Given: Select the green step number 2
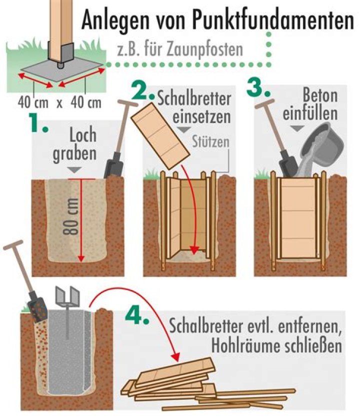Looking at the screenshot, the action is tap(143, 91).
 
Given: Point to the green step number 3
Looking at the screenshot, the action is tap(258, 87).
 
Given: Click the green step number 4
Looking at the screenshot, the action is tap(137, 315).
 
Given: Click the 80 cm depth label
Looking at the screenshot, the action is tap(71, 216).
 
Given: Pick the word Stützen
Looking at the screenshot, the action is tap(210, 141).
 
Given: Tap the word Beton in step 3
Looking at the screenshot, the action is tap(320, 95).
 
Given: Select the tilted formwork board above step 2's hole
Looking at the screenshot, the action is tap(160, 136).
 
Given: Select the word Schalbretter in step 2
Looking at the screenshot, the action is tap(194, 98).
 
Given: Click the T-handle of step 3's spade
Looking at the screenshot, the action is tap(264, 103).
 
